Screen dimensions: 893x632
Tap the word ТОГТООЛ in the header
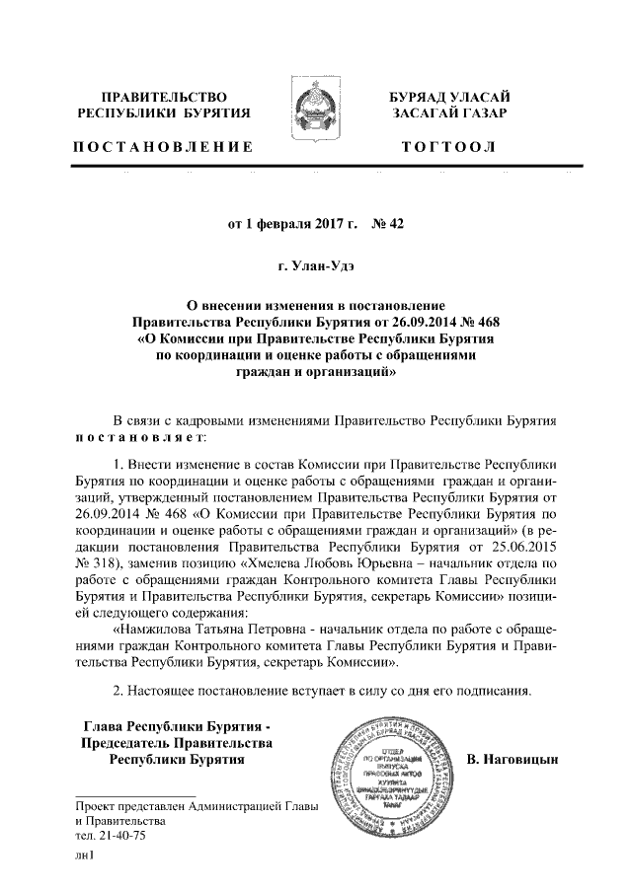(x=449, y=147)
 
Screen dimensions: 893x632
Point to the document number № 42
(x=388, y=223)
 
